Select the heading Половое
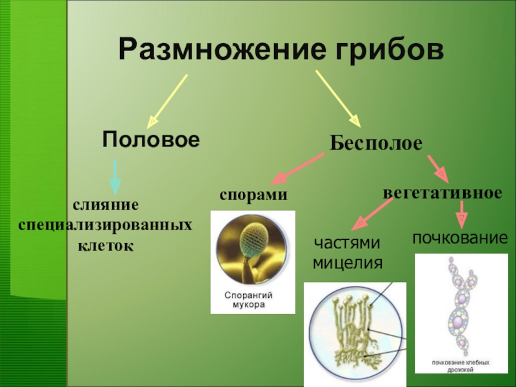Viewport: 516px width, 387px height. (x=150, y=139)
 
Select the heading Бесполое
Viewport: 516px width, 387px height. (x=377, y=143)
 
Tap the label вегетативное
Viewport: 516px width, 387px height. (x=442, y=192)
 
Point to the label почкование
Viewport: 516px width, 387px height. (x=460, y=238)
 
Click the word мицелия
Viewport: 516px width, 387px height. (x=348, y=263)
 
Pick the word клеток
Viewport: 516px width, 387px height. (x=106, y=245)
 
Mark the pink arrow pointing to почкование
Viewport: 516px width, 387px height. (x=461, y=213)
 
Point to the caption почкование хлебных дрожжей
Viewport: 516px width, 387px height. (x=457, y=360)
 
